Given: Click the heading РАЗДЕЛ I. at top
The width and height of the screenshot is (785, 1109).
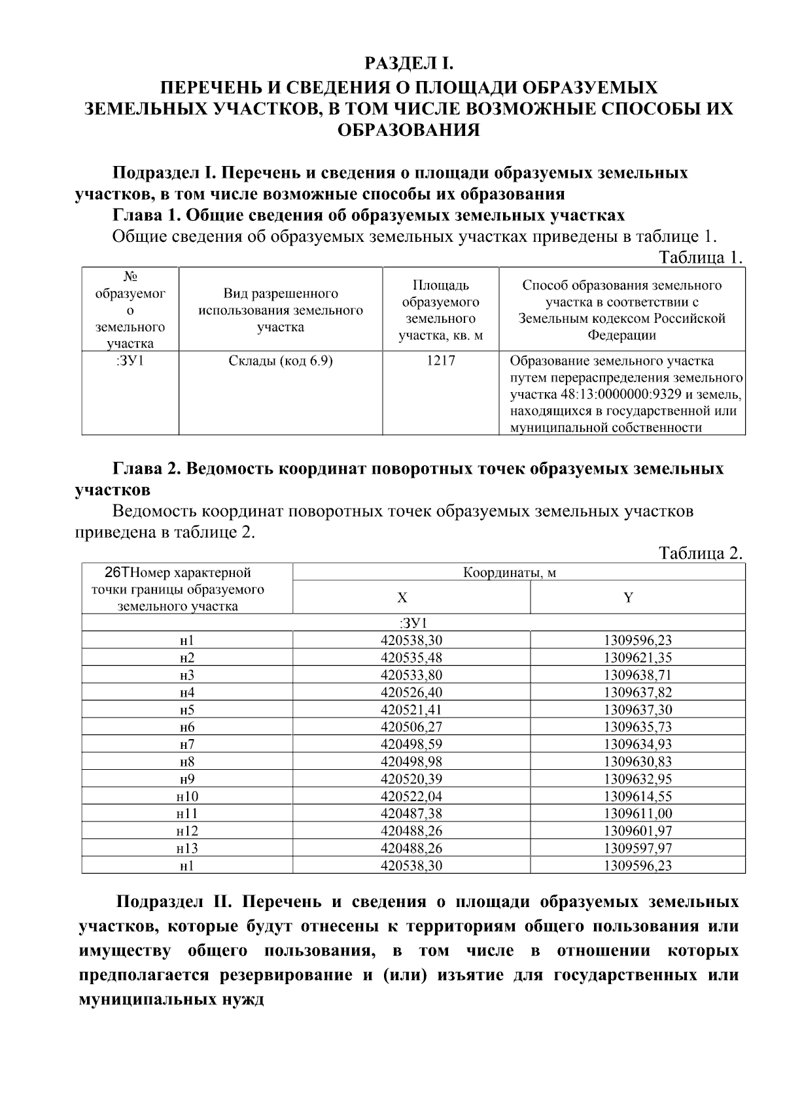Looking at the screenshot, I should click(x=408, y=63).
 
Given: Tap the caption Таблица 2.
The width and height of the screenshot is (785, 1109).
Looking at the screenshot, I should click(x=701, y=554).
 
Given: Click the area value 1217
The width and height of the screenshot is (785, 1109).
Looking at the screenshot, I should click(x=440, y=361).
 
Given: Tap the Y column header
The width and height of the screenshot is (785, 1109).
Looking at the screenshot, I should click(x=628, y=597).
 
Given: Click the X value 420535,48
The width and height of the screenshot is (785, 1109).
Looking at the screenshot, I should click(x=411, y=657).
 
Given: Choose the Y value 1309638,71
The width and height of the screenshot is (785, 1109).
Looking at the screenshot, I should click(x=638, y=675).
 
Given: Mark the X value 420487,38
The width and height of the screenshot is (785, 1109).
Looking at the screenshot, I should click(x=411, y=814).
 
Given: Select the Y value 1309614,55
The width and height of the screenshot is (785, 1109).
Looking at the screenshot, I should click(x=638, y=797).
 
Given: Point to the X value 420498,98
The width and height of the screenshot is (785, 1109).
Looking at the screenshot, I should click(x=411, y=762).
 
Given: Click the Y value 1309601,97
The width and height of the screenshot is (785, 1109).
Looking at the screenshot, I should click(x=638, y=831).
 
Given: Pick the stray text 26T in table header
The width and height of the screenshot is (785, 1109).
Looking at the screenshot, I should click(x=118, y=573).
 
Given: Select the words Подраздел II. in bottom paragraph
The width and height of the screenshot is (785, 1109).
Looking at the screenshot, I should click(x=171, y=902).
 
